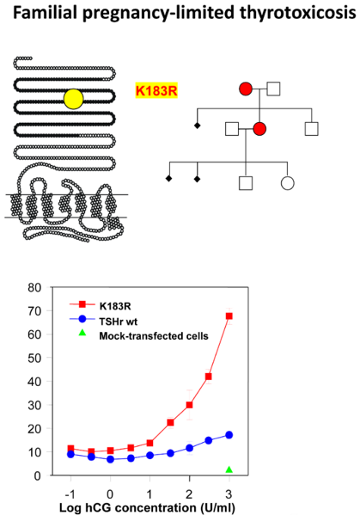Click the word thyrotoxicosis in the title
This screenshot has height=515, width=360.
(297, 13)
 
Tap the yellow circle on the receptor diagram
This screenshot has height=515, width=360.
(74, 99)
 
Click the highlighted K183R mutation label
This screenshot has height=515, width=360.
(156, 90)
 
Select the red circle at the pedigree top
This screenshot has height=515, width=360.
(246, 89)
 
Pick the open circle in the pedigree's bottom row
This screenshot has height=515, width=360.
(288, 183)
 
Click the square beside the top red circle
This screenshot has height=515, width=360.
(273, 89)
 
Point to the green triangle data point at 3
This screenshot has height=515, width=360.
(229, 469)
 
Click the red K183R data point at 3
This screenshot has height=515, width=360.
(229, 316)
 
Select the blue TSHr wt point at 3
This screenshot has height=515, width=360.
(229, 435)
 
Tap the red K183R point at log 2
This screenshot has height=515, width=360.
(189, 405)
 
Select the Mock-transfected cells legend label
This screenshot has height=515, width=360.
(154, 335)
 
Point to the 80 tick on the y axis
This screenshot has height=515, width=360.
(34, 288)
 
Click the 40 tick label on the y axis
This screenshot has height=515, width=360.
(34, 382)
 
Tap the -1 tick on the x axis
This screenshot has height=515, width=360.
(70, 494)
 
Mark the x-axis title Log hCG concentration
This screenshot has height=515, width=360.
(147, 508)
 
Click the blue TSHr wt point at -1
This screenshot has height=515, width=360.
(70, 454)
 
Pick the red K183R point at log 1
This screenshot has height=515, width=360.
(149, 443)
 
